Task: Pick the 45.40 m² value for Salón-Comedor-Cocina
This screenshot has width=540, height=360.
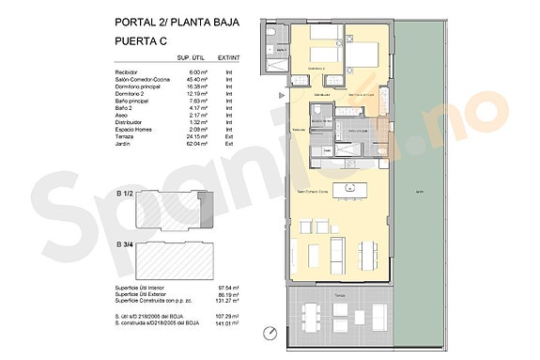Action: click(x=195, y=79)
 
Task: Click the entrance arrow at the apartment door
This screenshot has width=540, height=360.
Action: click(x=282, y=96)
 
